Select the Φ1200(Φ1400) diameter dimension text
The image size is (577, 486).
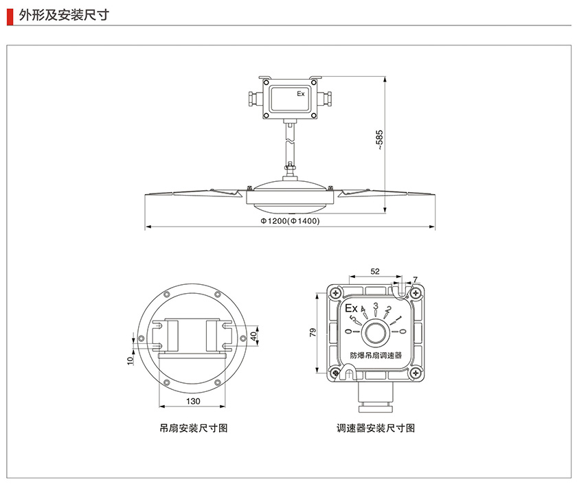click(x=290, y=221)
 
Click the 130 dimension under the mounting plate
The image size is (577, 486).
click(x=193, y=401)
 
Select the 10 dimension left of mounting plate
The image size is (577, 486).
click(x=130, y=360)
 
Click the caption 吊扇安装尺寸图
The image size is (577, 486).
click(x=193, y=428)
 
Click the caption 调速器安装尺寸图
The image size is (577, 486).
click(x=376, y=428)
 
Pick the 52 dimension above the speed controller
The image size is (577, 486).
click(x=375, y=272)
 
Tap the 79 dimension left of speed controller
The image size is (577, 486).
click(x=313, y=333)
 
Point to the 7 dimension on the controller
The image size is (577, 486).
click(x=415, y=279)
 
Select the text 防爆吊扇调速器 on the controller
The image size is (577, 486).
click(x=376, y=356)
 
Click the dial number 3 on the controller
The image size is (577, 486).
click(x=375, y=306)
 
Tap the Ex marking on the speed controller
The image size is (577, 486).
click(x=351, y=308)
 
